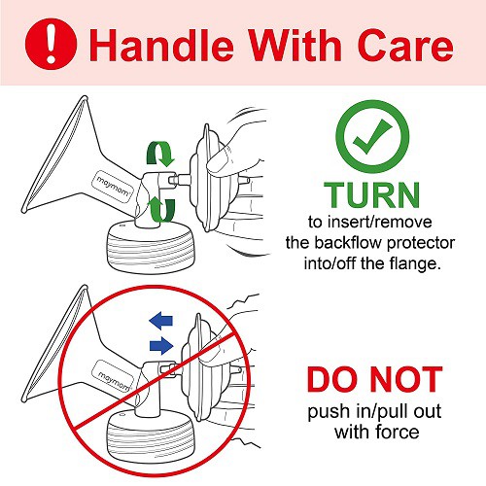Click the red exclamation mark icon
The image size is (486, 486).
click(51, 44)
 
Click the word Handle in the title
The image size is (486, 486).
click(161, 45)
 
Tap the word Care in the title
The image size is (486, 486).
click(405, 45)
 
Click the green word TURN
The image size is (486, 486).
click(372, 195)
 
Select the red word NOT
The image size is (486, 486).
click(406, 379)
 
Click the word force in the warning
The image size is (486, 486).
click(398, 432)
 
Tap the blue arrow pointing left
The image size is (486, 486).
click(161, 321)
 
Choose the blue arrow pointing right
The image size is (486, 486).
click(161, 346)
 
